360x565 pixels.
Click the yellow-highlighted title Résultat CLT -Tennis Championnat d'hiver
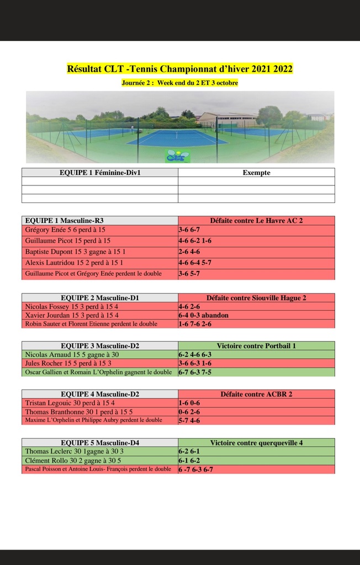pos(179,70)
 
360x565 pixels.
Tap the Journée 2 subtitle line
pos(179,83)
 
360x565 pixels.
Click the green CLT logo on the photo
pos(178,156)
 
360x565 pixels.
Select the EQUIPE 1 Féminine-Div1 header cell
pos(100,173)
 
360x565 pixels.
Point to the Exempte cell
pos(256,173)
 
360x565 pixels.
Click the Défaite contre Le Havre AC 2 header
pos(256,220)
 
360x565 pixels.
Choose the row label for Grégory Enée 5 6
pos(65,230)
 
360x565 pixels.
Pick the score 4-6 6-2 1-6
pos(195,241)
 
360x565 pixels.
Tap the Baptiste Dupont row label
pos(76,252)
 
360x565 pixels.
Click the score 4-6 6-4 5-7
pos(195,263)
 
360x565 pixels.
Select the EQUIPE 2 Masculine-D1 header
pos(100,298)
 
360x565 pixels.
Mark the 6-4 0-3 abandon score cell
pos(203,316)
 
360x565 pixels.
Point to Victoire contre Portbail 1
pos(256,346)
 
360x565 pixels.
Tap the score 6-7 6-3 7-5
pos(195,372)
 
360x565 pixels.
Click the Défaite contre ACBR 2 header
pos(256,395)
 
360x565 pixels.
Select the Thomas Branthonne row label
pos(79,412)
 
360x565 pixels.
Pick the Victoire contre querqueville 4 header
pos(256,443)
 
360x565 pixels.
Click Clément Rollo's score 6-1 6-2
pos(189,460)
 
